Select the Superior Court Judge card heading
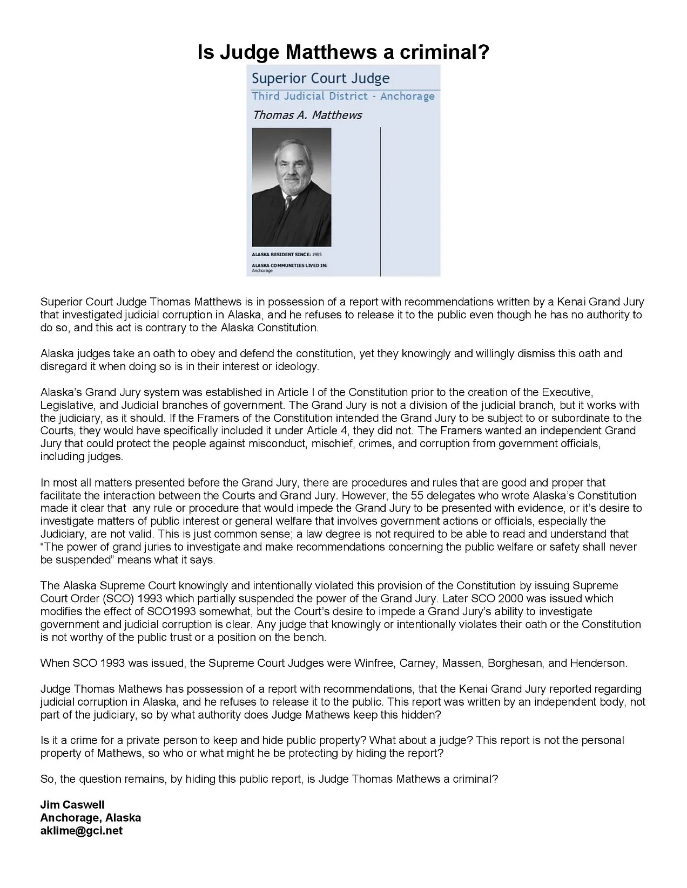pos(320,79)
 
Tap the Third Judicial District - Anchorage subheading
pos(343,97)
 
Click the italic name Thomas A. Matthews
pos(307,115)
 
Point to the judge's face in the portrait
pos(291,171)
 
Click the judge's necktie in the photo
pos(289,206)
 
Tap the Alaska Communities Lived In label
pos(289,265)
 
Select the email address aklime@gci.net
pos(82,831)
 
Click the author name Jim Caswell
pos(72,805)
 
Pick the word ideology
pos(298,367)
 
